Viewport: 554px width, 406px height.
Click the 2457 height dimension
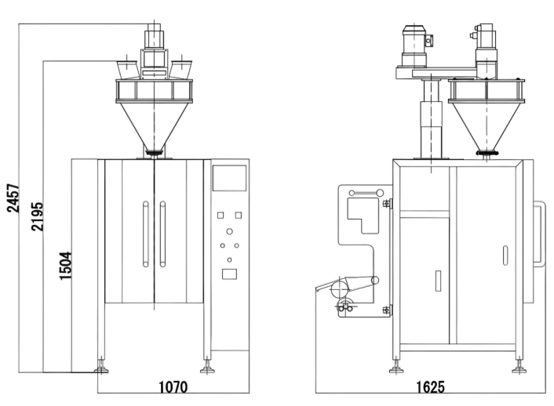click(x=13, y=198)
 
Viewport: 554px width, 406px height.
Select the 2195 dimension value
click(x=38, y=216)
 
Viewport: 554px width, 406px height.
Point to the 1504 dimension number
click(x=66, y=266)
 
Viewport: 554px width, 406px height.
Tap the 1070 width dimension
click(x=173, y=387)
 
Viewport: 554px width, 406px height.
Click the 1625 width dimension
click(x=430, y=387)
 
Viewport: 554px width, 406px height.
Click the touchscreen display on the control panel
click(x=229, y=178)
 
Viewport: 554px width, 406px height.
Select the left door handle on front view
click(x=146, y=234)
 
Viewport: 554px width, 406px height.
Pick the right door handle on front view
click(x=162, y=234)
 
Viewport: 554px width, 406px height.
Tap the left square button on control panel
click(x=221, y=215)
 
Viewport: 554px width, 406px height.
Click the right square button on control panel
click(x=239, y=215)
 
